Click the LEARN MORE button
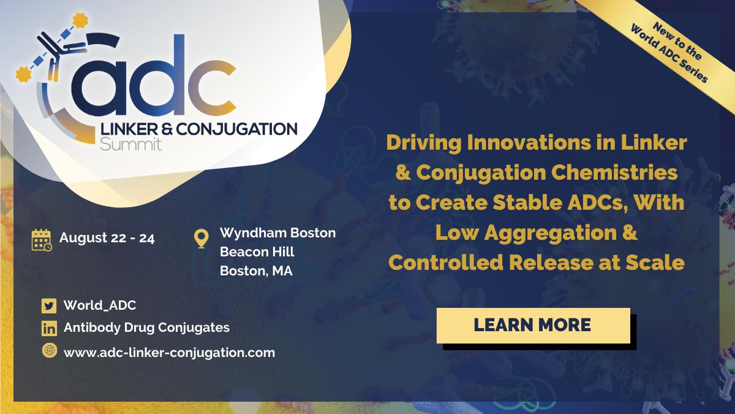click(x=533, y=326)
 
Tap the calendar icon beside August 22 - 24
click(x=42, y=240)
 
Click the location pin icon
click(x=201, y=239)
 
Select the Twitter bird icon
click(x=49, y=306)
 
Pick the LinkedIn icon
click(x=49, y=329)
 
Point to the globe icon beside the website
click(x=50, y=351)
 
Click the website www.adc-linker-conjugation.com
click(x=169, y=353)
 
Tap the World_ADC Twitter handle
click(x=100, y=305)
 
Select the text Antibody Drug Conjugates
click(x=146, y=328)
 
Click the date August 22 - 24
click(x=107, y=238)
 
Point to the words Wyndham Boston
click(x=278, y=233)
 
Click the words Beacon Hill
click(x=257, y=252)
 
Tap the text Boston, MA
click(x=256, y=271)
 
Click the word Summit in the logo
click(x=131, y=144)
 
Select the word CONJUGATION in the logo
click(x=237, y=129)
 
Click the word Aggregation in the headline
click(x=551, y=232)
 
